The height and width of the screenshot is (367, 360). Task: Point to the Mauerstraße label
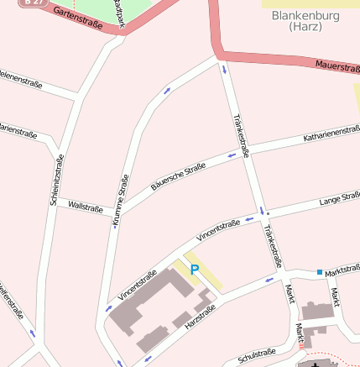(337, 67)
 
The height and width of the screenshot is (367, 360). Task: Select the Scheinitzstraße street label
(56, 181)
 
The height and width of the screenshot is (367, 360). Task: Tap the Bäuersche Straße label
(178, 176)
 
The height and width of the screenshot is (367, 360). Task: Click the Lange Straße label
(339, 200)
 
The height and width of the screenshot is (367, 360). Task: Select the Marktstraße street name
(342, 271)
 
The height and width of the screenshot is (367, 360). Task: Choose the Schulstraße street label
(256, 355)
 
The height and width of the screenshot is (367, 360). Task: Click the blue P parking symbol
(195, 269)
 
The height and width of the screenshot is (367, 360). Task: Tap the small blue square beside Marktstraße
(319, 272)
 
